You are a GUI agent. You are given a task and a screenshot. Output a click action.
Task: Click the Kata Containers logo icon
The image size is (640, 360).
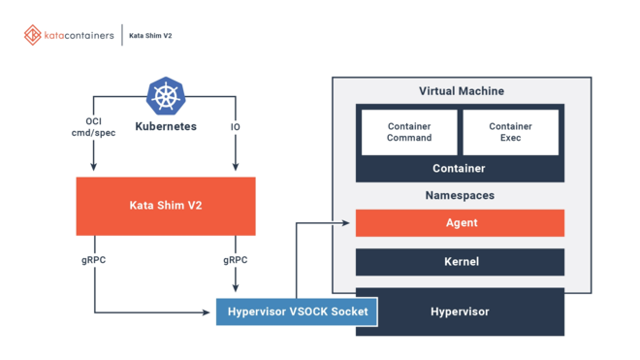(34, 35)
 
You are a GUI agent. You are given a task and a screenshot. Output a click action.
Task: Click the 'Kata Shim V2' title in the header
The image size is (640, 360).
(150, 36)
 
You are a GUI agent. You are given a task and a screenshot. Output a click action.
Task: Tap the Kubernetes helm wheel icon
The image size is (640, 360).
(165, 97)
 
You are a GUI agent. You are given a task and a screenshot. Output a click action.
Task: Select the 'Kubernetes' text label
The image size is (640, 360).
(166, 126)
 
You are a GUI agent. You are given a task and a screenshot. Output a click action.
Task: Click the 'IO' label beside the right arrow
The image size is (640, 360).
(236, 126)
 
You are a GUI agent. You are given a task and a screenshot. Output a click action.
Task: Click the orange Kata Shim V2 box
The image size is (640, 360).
(166, 206)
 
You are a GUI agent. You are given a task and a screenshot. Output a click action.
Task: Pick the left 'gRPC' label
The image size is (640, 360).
(94, 260)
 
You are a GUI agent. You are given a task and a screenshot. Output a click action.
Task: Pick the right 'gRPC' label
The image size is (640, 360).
(236, 260)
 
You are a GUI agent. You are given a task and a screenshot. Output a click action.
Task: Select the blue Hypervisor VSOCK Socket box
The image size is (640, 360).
(296, 311)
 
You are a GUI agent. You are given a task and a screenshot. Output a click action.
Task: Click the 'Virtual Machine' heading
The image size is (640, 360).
(461, 91)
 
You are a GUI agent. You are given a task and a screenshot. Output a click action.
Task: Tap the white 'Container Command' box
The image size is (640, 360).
(409, 132)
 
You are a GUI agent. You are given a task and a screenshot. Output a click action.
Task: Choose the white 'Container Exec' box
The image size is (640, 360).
(510, 132)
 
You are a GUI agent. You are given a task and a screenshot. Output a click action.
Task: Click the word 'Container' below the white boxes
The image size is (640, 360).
(459, 169)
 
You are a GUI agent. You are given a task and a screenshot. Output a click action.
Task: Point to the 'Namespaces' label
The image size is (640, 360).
(460, 195)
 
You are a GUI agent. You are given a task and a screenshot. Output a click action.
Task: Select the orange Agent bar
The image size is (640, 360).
(460, 222)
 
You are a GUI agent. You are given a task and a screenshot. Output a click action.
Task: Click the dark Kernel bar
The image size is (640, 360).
(460, 262)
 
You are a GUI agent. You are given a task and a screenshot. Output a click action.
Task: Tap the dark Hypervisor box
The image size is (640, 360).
(460, 311)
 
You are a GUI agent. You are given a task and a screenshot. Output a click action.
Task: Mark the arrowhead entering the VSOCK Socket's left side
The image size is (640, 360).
(207, 312)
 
